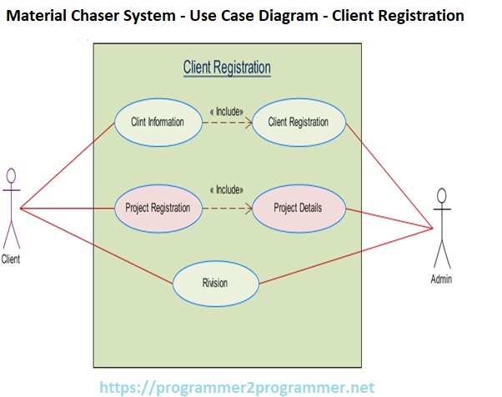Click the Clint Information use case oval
(x=158, y=123)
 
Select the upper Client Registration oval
(x=298, y=123)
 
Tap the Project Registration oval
(x=158, y=208)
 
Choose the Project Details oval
(x=298, y=208)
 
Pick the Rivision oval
(x=215, y=283)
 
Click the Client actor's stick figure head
(x=12, y=175)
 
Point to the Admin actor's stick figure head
(x=442, y=195)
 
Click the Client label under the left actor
(x=12, y=259)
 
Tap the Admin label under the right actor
(x=442, y=279)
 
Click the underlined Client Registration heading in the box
(x=227, y=68)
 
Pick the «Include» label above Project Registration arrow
(x=227, y=189)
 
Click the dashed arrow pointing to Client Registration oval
(x=227, y=123)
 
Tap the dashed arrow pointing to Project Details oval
(x=227, y=208)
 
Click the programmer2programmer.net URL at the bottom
(x=237, y=387)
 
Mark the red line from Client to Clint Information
(x=67, y=165)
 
